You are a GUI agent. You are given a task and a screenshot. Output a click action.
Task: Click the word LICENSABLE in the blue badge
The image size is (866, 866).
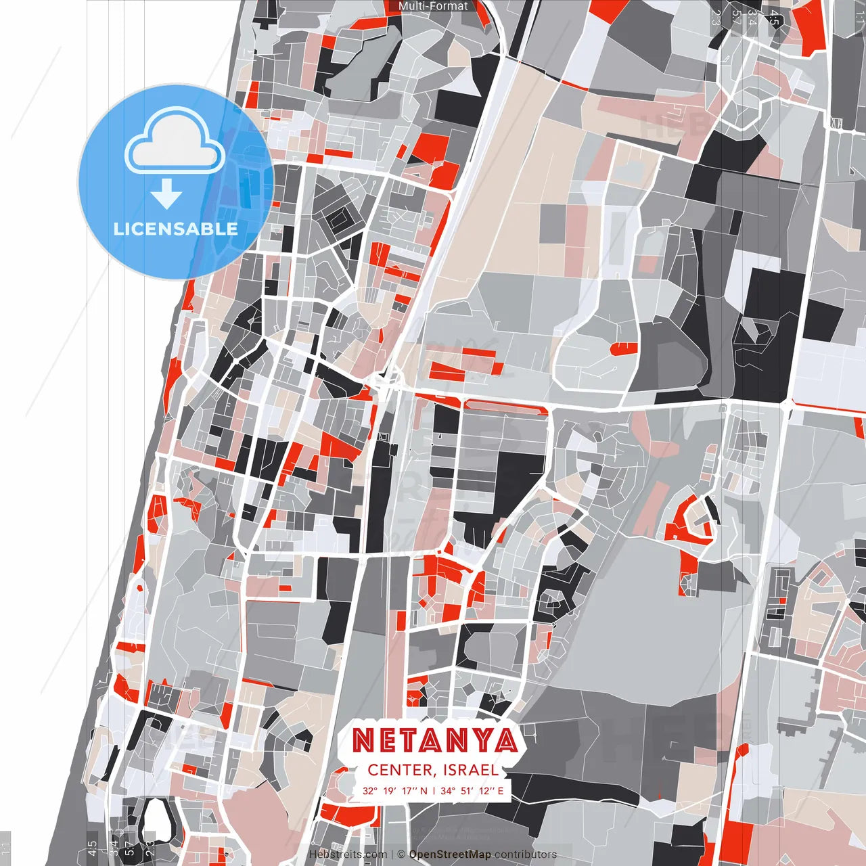pos(176,229)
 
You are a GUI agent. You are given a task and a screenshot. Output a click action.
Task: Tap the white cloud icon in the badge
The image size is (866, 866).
pos(175,143)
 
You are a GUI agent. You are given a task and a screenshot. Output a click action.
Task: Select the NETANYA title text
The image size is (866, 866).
pos(434,741)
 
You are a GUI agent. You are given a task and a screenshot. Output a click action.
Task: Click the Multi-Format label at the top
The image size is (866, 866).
pos(433,6)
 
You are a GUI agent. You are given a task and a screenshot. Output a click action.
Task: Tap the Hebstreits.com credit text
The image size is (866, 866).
pos(348,854)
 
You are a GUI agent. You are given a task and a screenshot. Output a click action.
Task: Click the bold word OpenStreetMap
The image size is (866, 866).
pos(450,854)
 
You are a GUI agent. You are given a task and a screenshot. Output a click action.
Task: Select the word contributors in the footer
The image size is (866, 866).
pos(526,854)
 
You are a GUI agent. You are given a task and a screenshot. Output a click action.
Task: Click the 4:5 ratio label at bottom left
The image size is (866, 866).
pos(91,848)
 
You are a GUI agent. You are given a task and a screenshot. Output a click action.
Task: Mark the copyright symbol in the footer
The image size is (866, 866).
pos(401,854)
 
